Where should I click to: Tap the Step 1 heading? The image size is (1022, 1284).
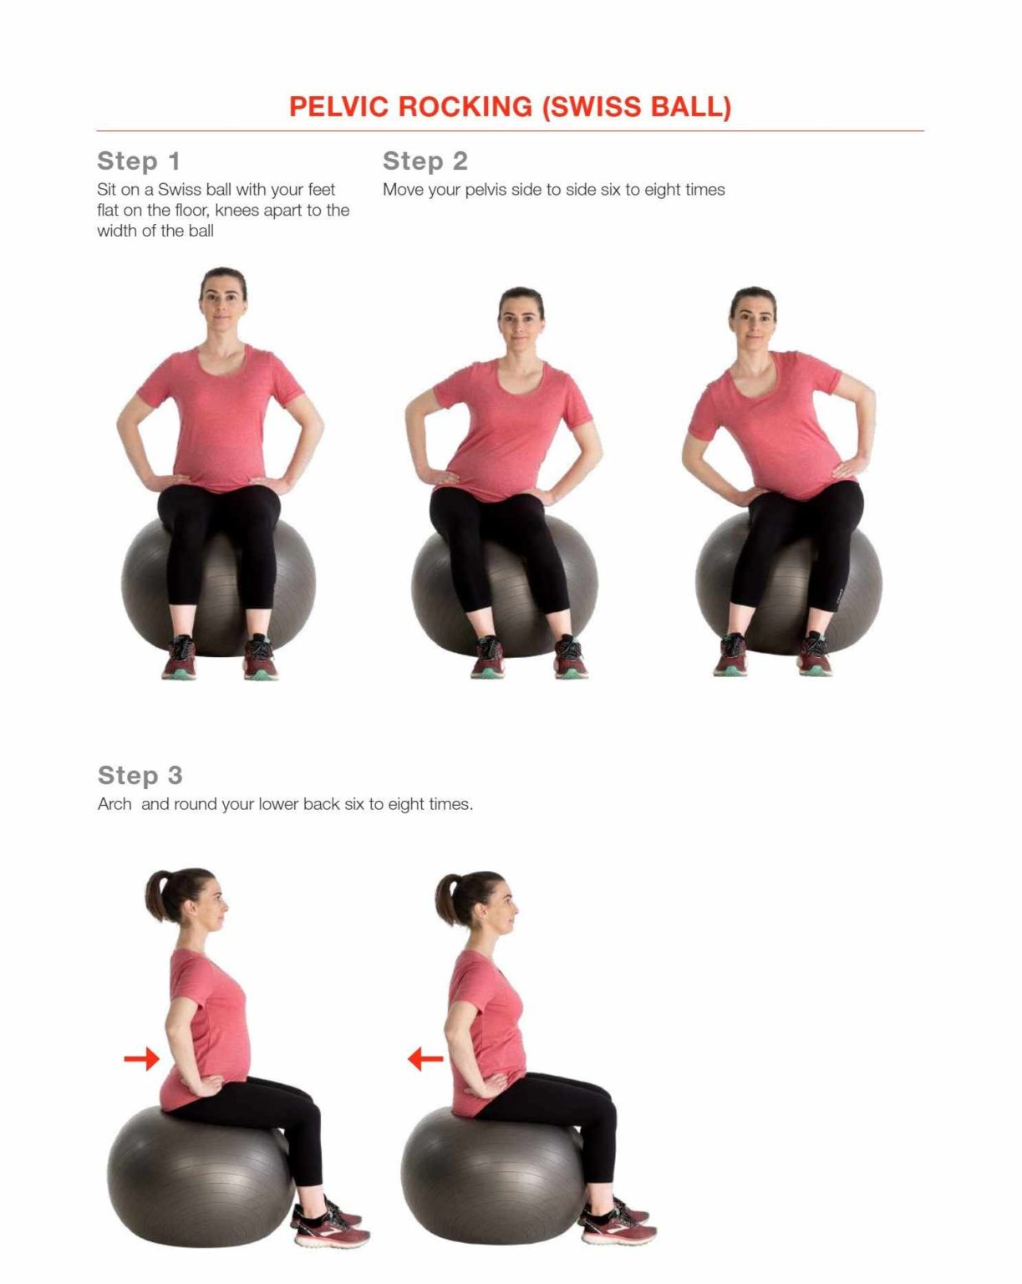click(x=139, y=160)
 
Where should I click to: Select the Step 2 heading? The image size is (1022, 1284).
click(x=425, y=160)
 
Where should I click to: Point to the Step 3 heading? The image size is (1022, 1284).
click(x=140, y=775)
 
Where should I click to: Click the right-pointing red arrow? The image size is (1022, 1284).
click(x=141, y=1059)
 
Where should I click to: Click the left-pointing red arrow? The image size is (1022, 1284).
click(x=425, y=1060)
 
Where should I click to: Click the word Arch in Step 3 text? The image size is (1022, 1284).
click(x=114, y=804)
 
